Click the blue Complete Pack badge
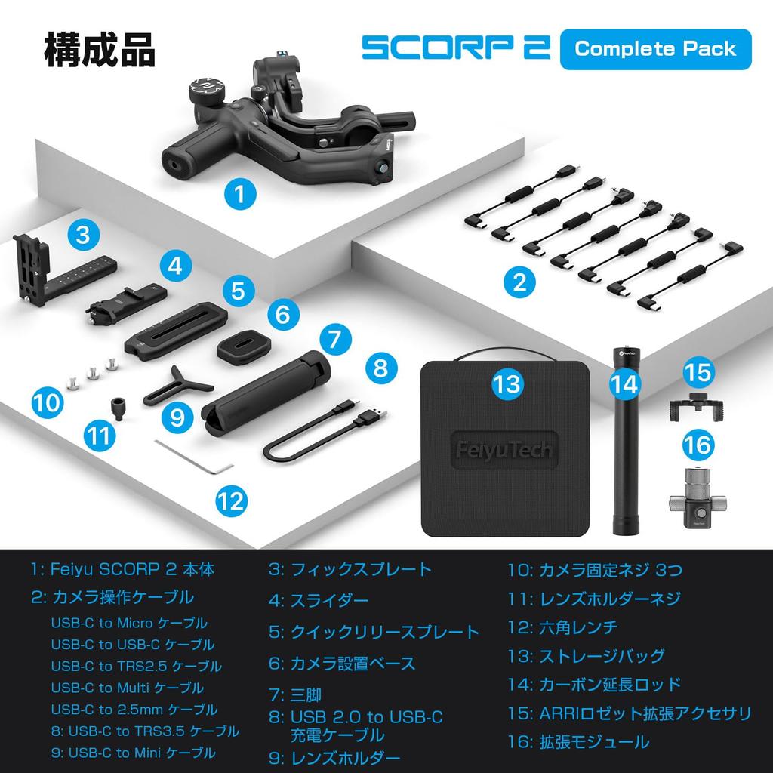click(655, 49)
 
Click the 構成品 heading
click(100, 49)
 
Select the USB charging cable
click(325, 430)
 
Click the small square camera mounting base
click(243, 347)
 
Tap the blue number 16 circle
click(697, 445)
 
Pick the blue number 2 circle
click(519, 283)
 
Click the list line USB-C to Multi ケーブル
click(128, 688)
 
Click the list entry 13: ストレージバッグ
click(586, 655)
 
